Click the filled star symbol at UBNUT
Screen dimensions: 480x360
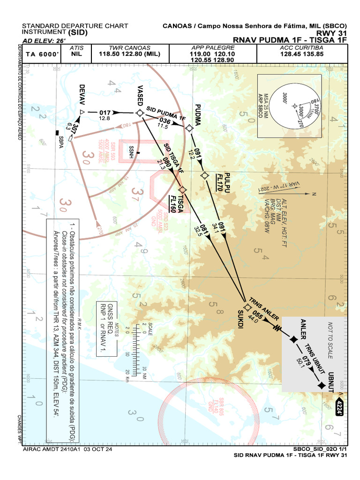pyautogui.click(x=321, y=385)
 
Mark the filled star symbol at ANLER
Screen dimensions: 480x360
pyautogui.click(x=294, y=339)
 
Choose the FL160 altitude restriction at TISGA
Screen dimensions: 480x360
pyautogui.click(x=173, y=204)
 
